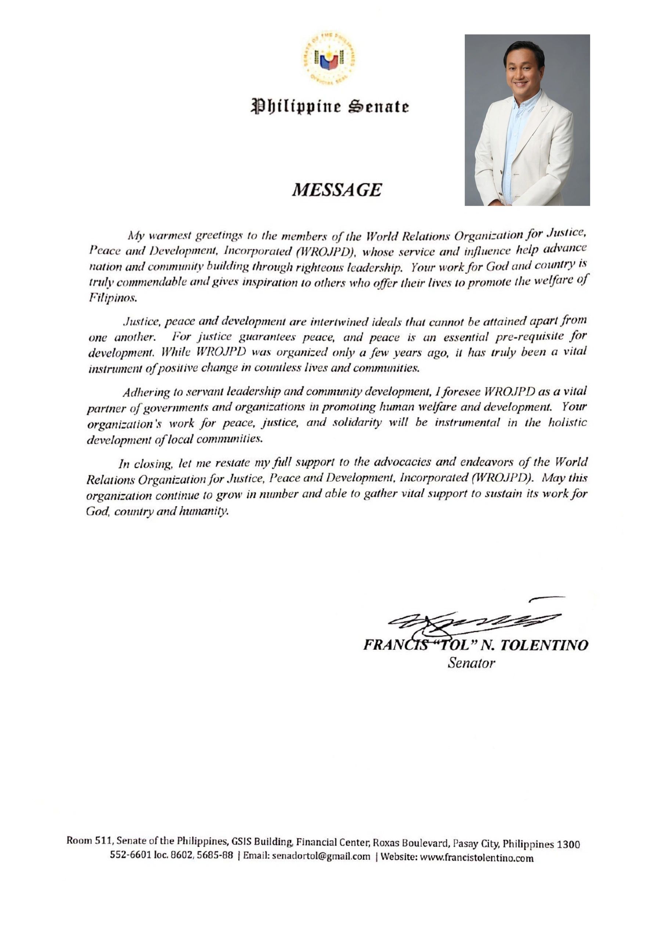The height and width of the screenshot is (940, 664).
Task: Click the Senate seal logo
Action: (x=329, y=58)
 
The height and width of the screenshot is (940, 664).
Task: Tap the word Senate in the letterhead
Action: (x=378, y=106)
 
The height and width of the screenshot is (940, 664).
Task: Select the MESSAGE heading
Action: (x=336, y=189)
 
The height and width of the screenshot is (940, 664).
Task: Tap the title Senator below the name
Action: (x=471, y=663)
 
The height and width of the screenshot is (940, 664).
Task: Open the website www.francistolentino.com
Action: (x=477, y=858)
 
